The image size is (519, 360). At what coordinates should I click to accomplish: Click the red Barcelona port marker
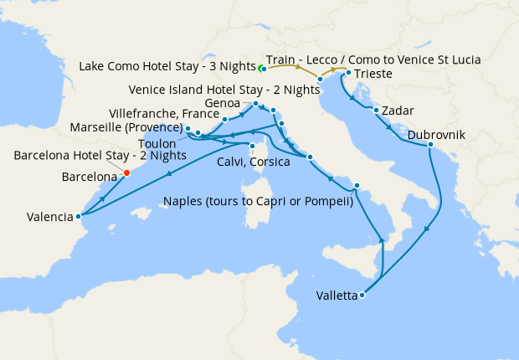click(x=126, y=173)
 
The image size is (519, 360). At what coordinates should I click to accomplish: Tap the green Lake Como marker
click(x=260, y=68)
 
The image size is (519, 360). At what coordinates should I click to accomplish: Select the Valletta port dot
click(x=362, y=295)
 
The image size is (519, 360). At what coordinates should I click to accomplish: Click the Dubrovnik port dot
click(x=430, y=146)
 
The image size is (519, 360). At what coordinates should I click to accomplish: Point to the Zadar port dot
click(x=377, y=111)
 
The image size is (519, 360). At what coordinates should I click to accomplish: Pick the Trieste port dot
click(x=347, y=73)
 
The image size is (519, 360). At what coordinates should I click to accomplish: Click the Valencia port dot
click(x=79, y=215)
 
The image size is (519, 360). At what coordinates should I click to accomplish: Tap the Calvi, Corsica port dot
click(x=252, y=146)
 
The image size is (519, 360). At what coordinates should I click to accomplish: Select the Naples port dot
click(x=357, y=185)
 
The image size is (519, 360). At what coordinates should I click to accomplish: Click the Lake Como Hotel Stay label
click(x=167, y=67)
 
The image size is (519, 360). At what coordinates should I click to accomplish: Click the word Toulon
click(x=157, y=144)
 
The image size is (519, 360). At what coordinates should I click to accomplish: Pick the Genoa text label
click(x=222, y=103)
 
